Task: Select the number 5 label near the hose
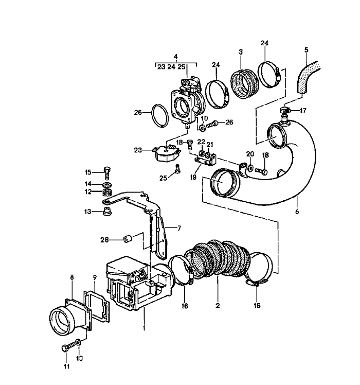point(306,50)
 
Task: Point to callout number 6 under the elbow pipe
point(297,211)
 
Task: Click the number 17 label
point(303,111)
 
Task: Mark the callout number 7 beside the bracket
point(179,227)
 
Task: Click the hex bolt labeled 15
point(107,172)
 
